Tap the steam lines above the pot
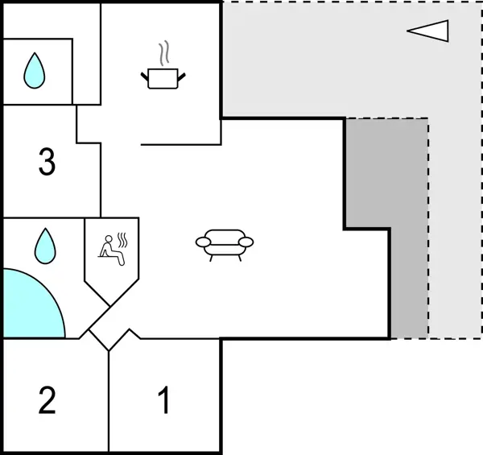(x=165, y=54)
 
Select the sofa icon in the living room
(x=224, y=242)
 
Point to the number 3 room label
(x=47, y=163)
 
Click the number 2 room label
(x=47, y=400)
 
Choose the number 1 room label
(x=164, y=400)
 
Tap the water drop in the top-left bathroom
(x=34, y=71)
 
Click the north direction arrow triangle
(x=428, y=31)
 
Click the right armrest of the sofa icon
(x=246, y=242)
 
